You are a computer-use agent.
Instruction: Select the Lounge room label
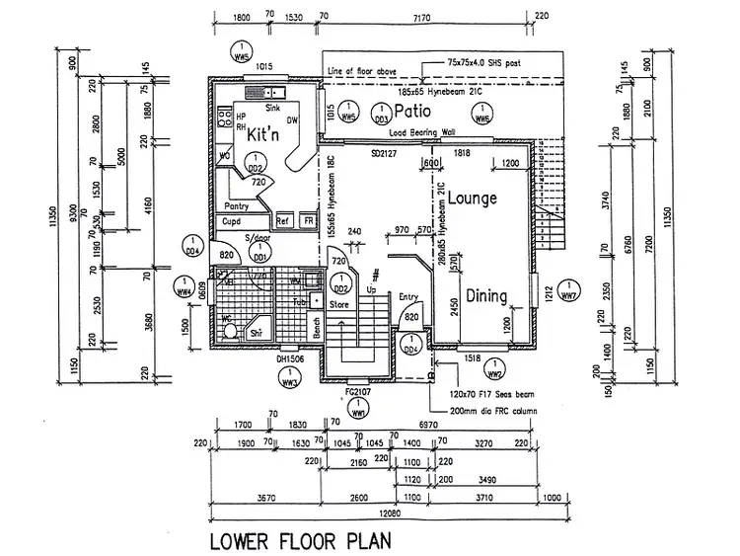471,199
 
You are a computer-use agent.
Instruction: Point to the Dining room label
486,295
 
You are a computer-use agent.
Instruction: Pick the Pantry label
237,206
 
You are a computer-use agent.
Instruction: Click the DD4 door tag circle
192,247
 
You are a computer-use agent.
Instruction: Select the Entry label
409,295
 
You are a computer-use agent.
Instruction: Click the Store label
339,305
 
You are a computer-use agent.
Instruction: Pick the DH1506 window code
289,359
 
